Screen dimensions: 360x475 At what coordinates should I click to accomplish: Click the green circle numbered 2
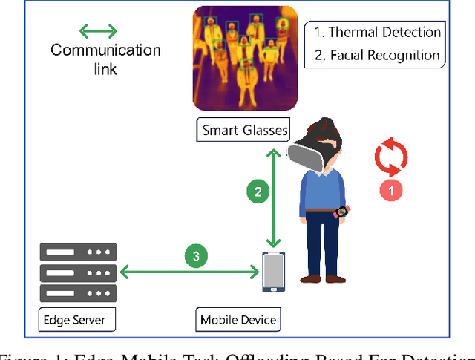click(258, 192)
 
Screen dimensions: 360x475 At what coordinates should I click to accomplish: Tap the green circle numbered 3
click(196, 257)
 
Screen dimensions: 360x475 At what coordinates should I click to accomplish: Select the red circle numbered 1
click(391, 190)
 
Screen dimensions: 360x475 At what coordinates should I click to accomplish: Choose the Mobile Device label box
click(238, 321)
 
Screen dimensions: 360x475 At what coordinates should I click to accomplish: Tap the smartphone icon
click(274, 272)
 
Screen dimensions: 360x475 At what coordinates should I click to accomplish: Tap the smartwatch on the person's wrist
click(341, 212)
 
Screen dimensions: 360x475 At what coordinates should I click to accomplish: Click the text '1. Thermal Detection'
click(378, 32)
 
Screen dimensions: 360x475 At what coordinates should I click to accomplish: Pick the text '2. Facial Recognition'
click(378, 55)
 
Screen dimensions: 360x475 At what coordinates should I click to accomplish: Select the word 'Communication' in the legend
click(105, 50)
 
